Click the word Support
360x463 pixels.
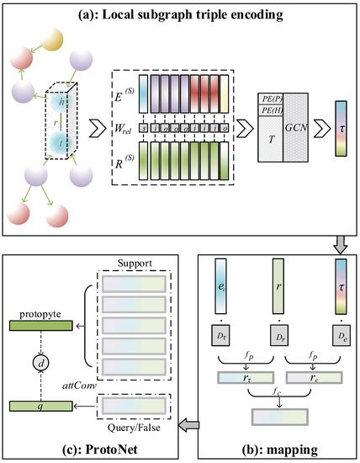coord(135,262)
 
